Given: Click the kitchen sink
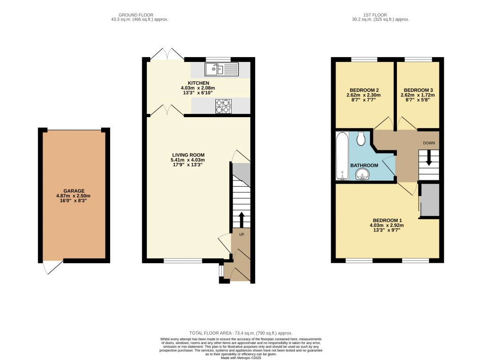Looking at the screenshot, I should point(222,70).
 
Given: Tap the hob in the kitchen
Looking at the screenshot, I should point(223,106).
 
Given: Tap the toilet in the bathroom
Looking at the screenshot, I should point(361,138).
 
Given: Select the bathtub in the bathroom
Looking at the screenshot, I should point(341,156).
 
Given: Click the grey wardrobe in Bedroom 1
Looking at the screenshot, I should point(430,201).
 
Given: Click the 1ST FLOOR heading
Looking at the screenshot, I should point(380,14).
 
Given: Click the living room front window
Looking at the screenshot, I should point(183,260).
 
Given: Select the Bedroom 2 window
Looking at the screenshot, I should point(364,60).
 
